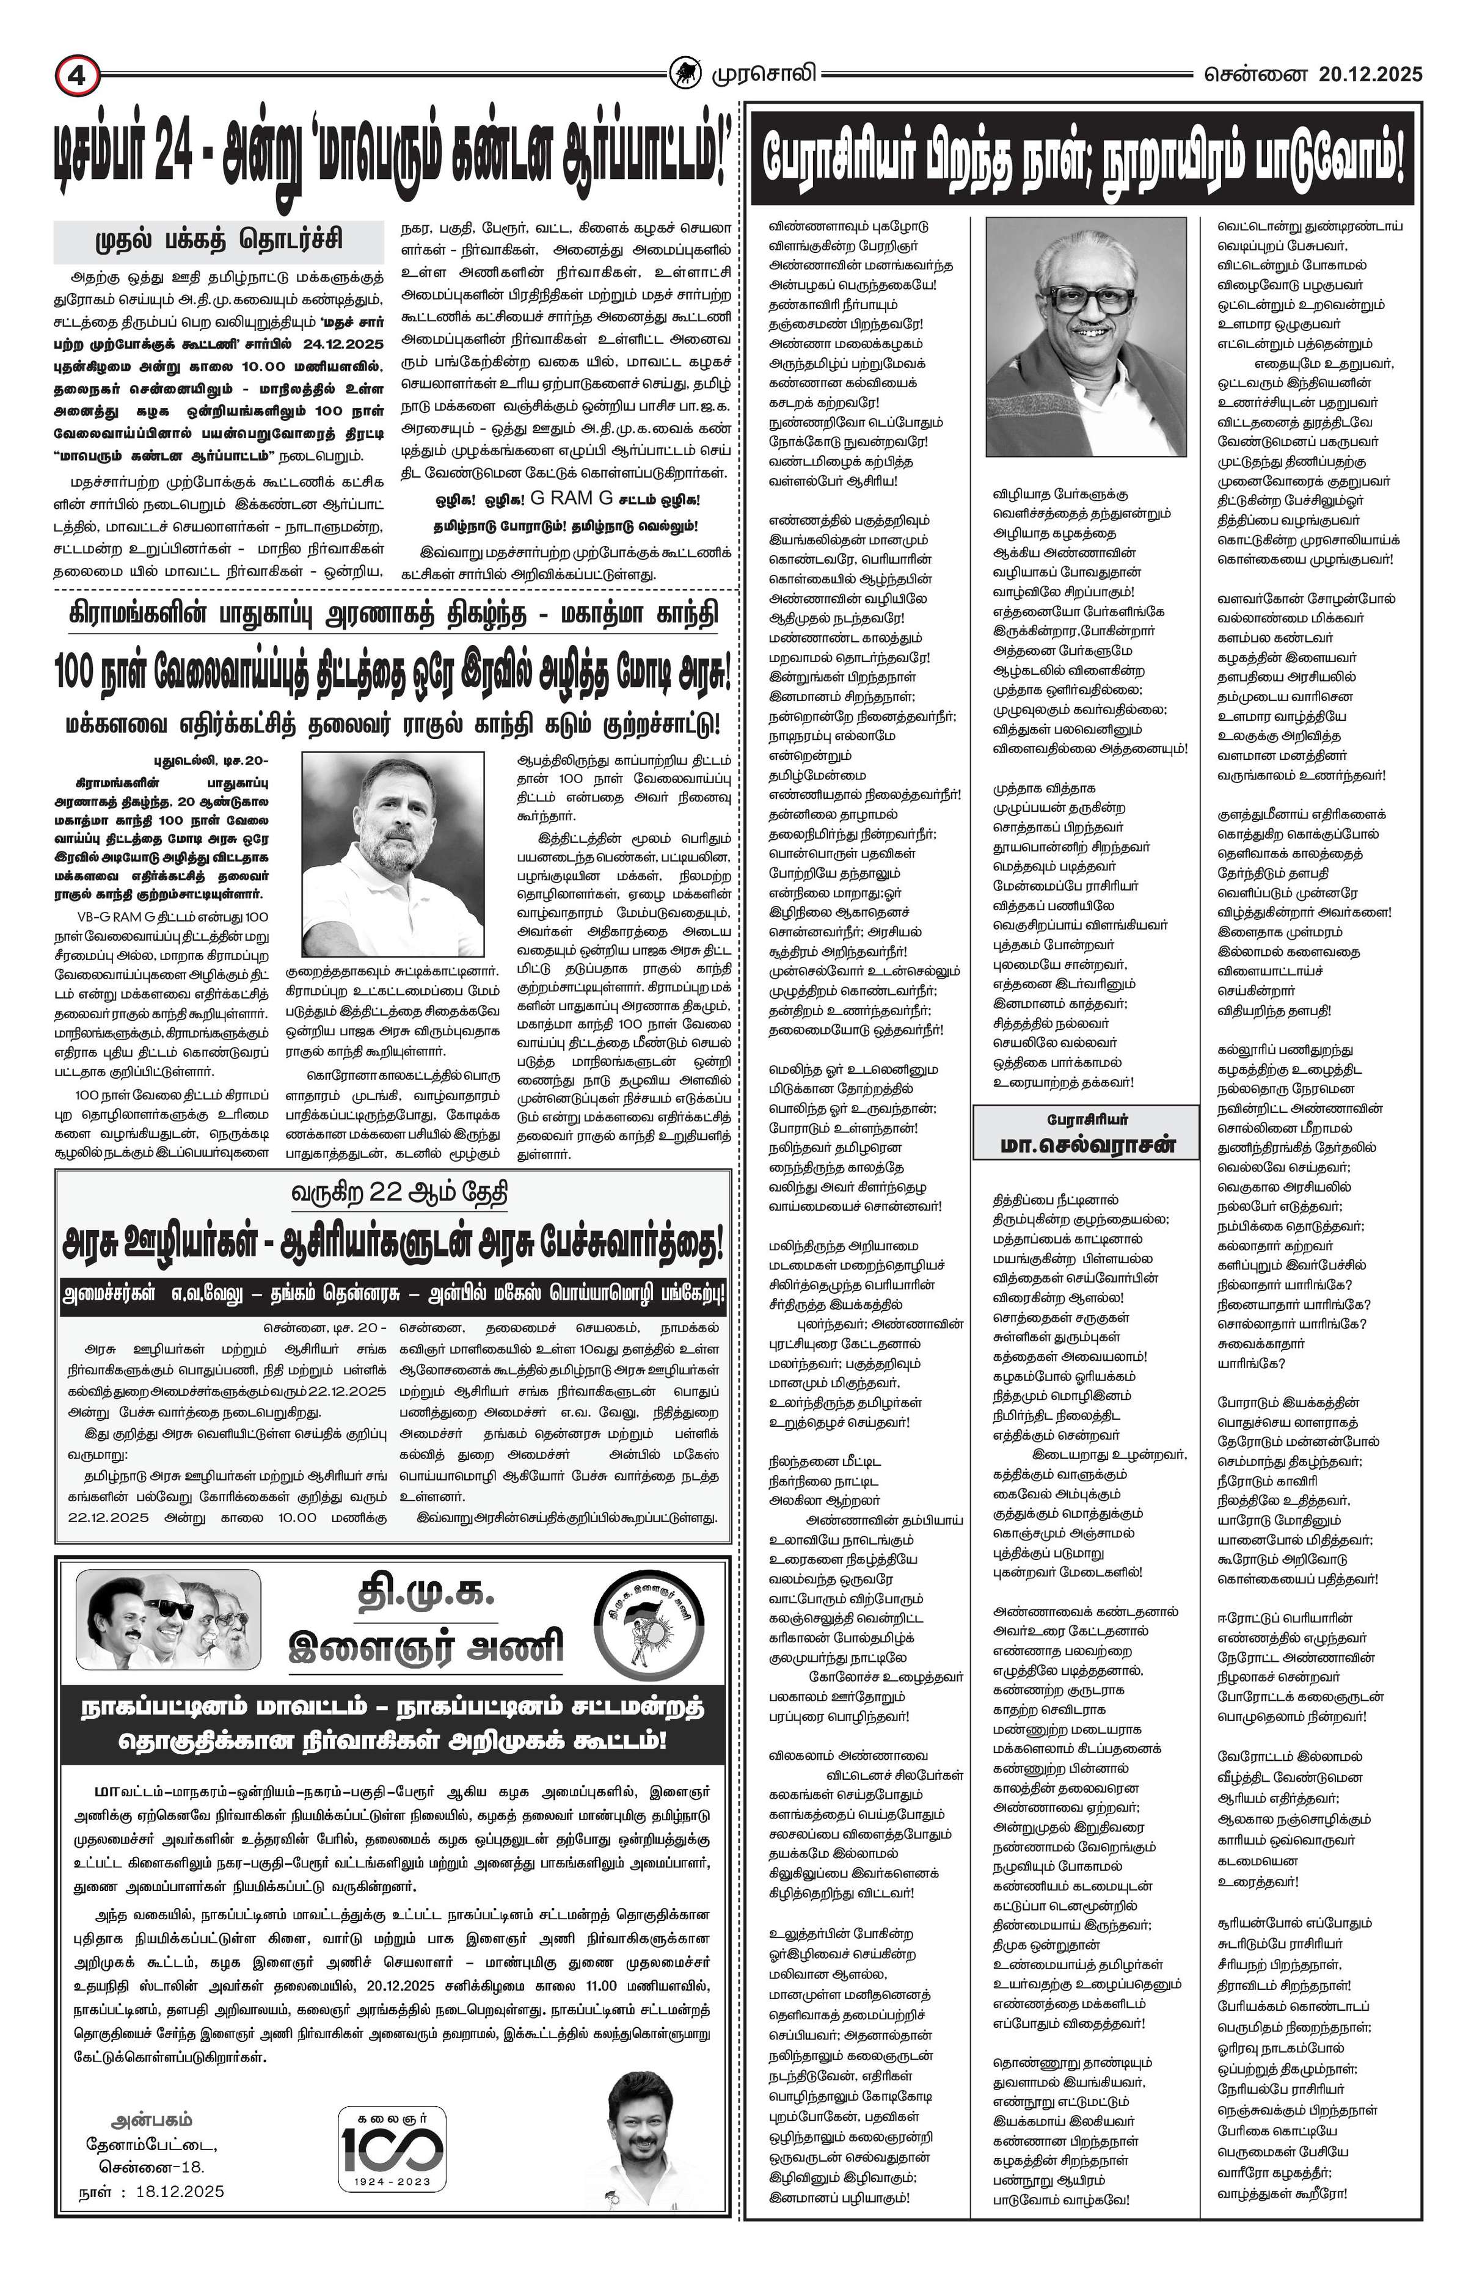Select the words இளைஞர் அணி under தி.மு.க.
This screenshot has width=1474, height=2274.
pyautogui.click(x=426, y=1646)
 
